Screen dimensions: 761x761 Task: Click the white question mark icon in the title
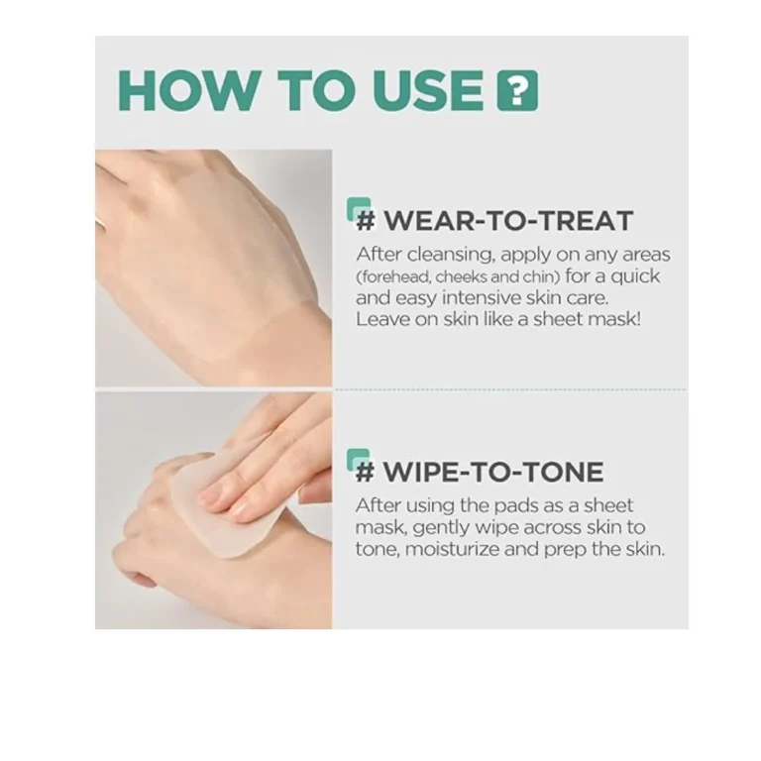pos(517,90)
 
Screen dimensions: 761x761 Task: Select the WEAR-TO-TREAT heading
pos(507,220)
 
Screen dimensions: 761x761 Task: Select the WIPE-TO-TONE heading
pos(492,471)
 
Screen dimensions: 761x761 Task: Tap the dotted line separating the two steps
pos(510,389)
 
